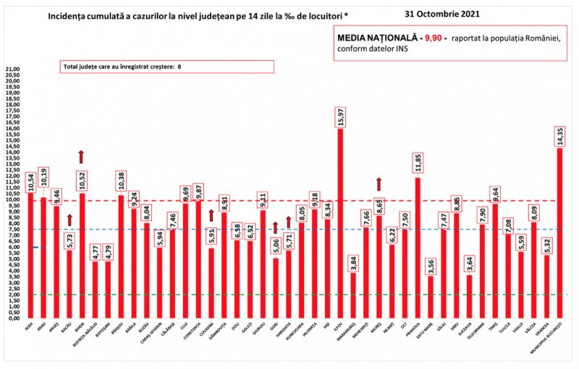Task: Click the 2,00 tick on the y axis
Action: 12,295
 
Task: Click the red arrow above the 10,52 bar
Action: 82,156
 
